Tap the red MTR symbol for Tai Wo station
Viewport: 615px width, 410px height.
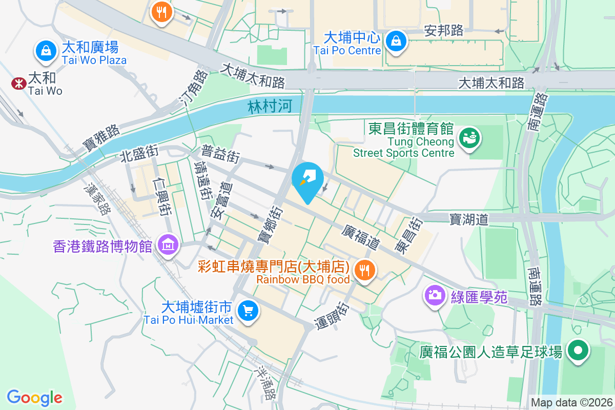coord(18,83)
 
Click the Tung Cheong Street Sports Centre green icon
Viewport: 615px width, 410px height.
coord(467,138)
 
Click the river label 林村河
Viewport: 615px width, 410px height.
coord(270,107)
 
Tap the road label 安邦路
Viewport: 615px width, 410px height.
coord(444,31)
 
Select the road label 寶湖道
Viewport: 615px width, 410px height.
coord(469,219)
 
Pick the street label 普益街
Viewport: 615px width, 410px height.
coord(220,154)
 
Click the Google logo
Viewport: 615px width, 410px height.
coord(34,397)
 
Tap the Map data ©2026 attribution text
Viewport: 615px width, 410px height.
coord(571,403)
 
